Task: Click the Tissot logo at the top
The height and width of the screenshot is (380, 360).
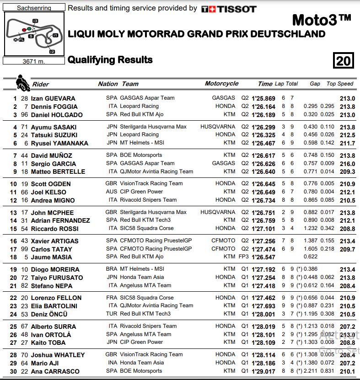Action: (229, 9)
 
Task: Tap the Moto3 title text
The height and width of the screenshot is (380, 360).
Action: (322, 20)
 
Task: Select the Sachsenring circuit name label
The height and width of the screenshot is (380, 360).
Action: (34, 8)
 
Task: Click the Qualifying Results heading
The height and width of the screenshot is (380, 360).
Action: (110, 60)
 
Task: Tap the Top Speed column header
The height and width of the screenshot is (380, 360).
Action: (340, 84)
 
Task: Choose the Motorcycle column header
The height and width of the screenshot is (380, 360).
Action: (221, 84)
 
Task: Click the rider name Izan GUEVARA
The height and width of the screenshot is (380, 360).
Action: (53, 98)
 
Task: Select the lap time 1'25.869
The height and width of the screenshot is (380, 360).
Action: (263, 98)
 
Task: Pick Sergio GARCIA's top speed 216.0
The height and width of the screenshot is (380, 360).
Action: (348, 163)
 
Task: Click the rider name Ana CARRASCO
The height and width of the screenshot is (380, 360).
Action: (55, 371)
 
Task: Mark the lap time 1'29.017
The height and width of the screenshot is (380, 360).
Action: (263, 371)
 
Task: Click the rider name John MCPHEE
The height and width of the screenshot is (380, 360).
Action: (52, 213)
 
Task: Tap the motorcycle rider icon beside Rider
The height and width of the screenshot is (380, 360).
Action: (22, 82)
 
